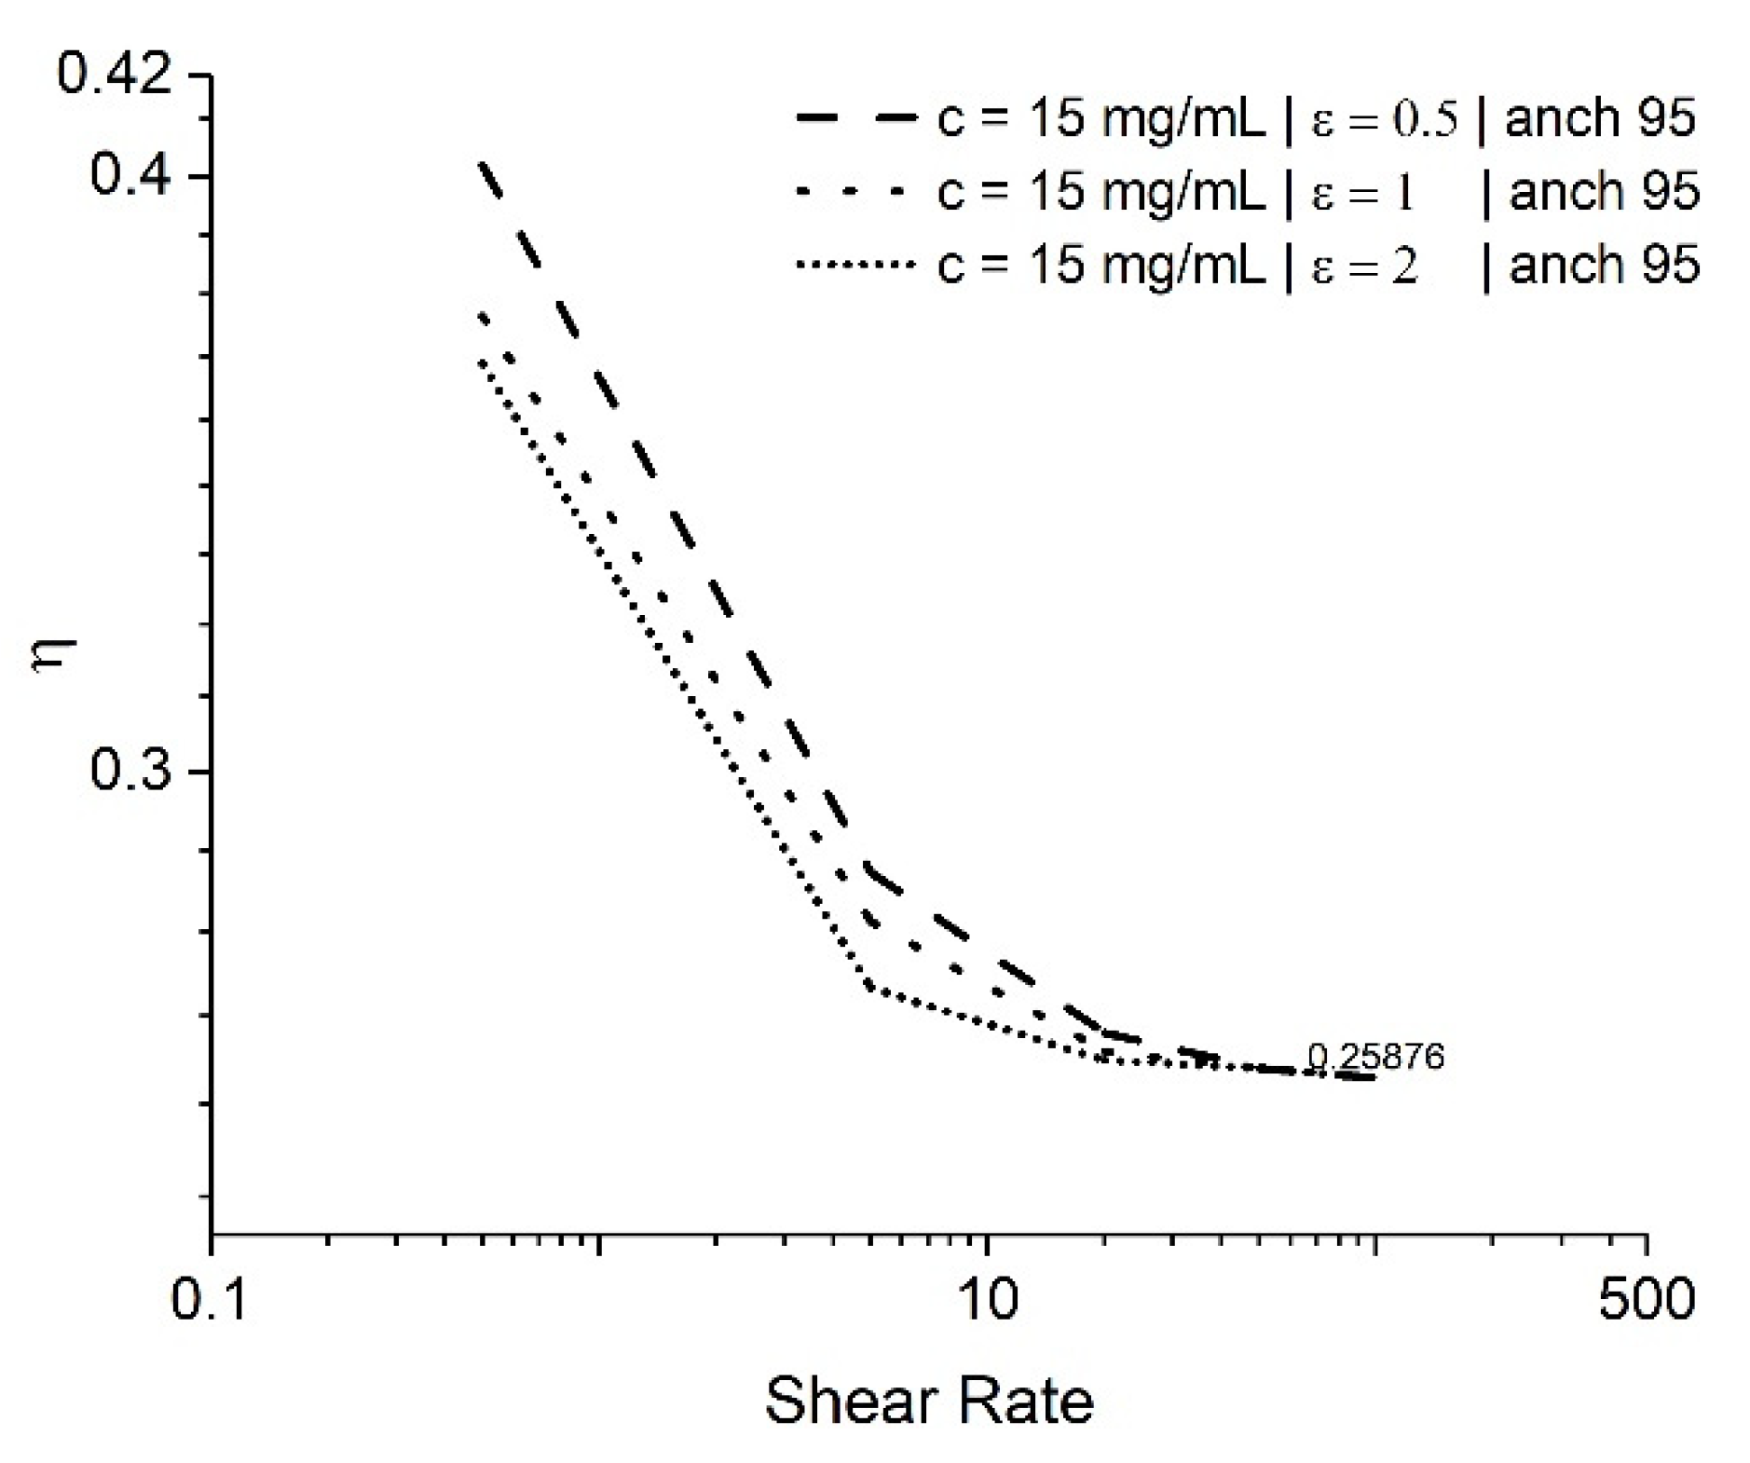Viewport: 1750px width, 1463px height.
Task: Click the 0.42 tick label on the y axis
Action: [x=114, y=75]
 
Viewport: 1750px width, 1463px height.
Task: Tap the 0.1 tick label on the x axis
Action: [x=210, y=1299]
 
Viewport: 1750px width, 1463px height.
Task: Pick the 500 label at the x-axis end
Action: [x=1646, y=1299]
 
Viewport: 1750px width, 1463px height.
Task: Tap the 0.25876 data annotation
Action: [x=1375, y=1057]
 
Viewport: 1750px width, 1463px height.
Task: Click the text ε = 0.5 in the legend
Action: [x=1385, y=120]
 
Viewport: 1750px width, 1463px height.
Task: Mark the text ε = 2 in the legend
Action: [x=1365, y=267]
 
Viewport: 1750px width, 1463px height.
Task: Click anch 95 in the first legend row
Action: [x=1599, y=118]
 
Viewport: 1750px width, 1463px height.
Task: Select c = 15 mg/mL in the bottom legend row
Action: [x=1101, y=266]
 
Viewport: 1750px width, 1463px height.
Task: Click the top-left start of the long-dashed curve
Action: [x=482, y=164]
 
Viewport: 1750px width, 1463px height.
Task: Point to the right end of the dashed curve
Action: [x=1372, y=1078]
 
